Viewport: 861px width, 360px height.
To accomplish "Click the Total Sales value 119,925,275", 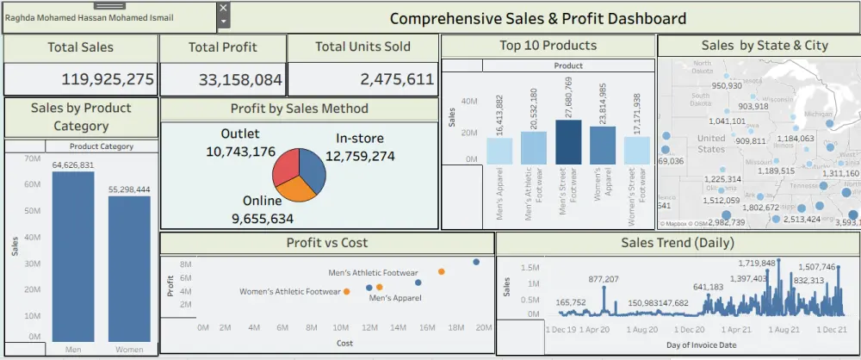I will coord(108,80).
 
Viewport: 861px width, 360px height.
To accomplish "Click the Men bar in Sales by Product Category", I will coord(73,258).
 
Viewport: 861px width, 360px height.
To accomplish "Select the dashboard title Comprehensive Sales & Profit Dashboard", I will coord(538,18).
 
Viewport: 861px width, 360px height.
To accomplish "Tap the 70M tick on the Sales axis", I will coord(34,159).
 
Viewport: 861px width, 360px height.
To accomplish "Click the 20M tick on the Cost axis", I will coord(484,327).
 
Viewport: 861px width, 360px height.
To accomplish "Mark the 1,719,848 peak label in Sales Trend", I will coord(757,263).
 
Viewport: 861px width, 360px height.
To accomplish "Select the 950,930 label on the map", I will coord(727,85).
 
